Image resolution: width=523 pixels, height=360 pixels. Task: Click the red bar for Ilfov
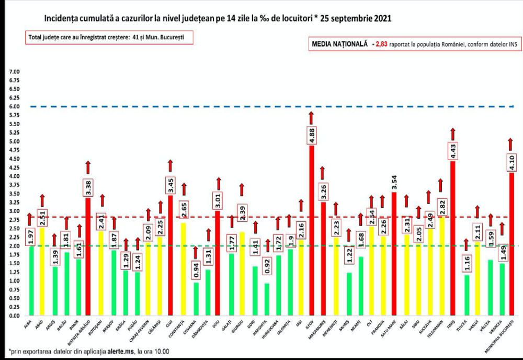tap(312, 230)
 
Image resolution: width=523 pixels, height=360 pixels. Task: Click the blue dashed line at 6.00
tap(261, 106)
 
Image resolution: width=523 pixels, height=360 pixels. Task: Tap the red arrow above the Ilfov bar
tap(311, 118)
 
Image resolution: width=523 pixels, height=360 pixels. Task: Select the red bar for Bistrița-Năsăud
tap(87, 256)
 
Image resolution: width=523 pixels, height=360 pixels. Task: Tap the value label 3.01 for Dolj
tap(218, 200)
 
